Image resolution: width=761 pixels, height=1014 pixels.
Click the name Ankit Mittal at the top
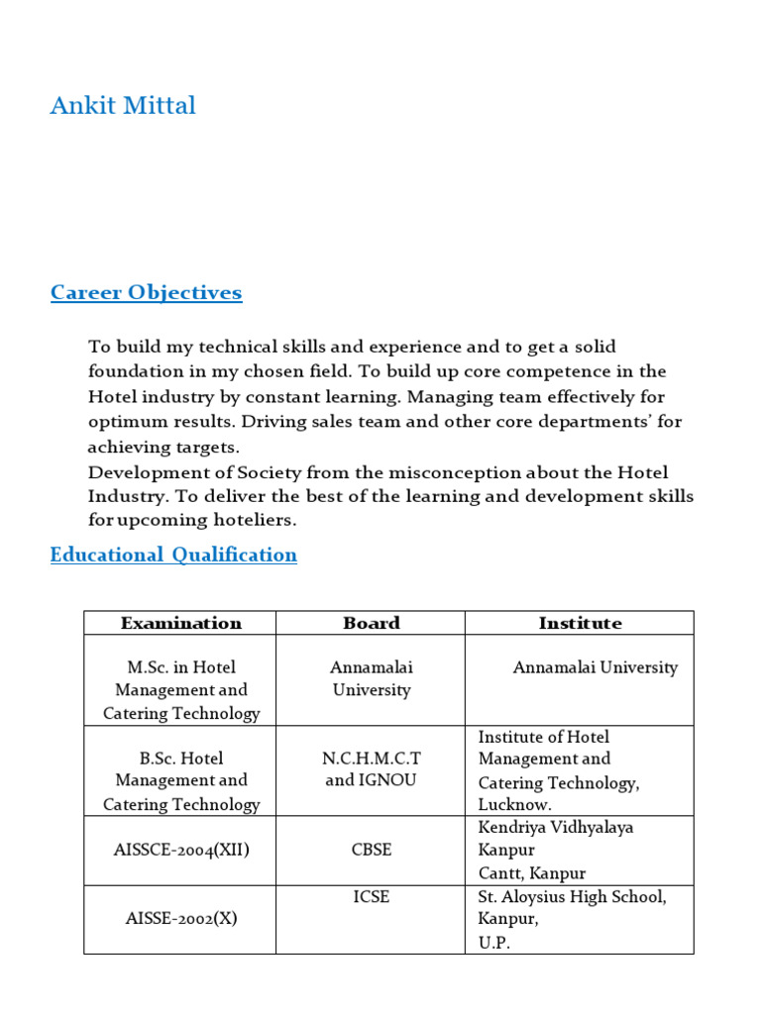pos(123,105)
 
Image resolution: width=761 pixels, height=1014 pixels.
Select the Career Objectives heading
pos(146,292)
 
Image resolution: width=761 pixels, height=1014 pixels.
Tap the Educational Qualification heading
pos(173,555)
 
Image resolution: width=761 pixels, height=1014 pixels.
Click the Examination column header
pos(180,623)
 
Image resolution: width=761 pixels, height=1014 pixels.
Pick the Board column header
pos(371,623)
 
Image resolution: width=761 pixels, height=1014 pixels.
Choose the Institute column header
pos(580,623)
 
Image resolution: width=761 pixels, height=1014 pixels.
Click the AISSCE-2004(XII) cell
pos(181,850)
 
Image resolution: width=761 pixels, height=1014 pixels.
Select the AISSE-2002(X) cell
pos(181,918)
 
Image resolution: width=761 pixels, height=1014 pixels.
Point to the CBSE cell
pos(371,850)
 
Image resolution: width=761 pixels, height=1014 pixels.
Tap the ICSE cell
pos(371,896)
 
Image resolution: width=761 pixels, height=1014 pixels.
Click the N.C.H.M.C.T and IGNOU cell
pos(371,768)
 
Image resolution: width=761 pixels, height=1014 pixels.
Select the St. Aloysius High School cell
pos(572,896)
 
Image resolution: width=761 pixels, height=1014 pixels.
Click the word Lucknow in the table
pos(512,806)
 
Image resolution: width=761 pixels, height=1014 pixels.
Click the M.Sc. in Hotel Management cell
pos(181,690)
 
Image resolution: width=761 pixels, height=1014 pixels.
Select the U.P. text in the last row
pos(493,943)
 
